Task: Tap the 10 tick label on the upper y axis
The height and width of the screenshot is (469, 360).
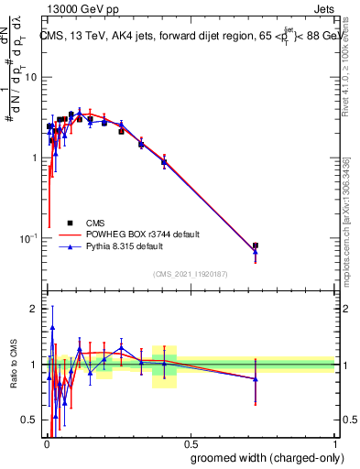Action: pos(30,77)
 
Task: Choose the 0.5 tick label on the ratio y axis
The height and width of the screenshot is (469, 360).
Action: pos(28,421)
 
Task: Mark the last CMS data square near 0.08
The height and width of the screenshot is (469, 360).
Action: pos(255,245)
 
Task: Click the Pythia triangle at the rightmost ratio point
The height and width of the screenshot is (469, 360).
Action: pos(255,378)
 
